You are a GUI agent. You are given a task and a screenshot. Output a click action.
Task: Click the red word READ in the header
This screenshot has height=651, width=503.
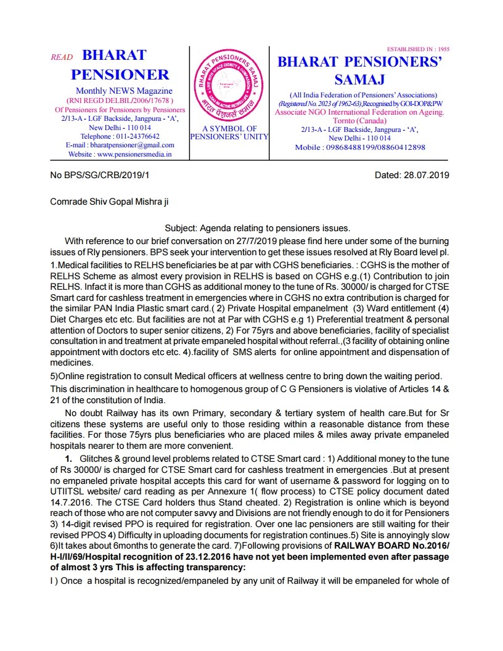pos(62,57)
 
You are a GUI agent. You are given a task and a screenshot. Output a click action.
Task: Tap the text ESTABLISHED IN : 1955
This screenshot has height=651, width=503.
pos(418,49)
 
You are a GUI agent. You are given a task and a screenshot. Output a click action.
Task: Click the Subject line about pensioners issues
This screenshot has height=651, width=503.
pos(257,228)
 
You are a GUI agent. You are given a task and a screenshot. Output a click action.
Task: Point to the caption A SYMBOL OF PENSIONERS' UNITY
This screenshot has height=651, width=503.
pos(229,133)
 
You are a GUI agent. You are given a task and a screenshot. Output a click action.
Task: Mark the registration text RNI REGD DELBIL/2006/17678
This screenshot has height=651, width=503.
pos(120,100)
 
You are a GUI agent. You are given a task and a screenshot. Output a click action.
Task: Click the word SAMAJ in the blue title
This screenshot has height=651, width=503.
pos(359,80)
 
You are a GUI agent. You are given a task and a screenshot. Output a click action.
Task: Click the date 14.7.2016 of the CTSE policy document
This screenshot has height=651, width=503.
pos(68,503)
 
